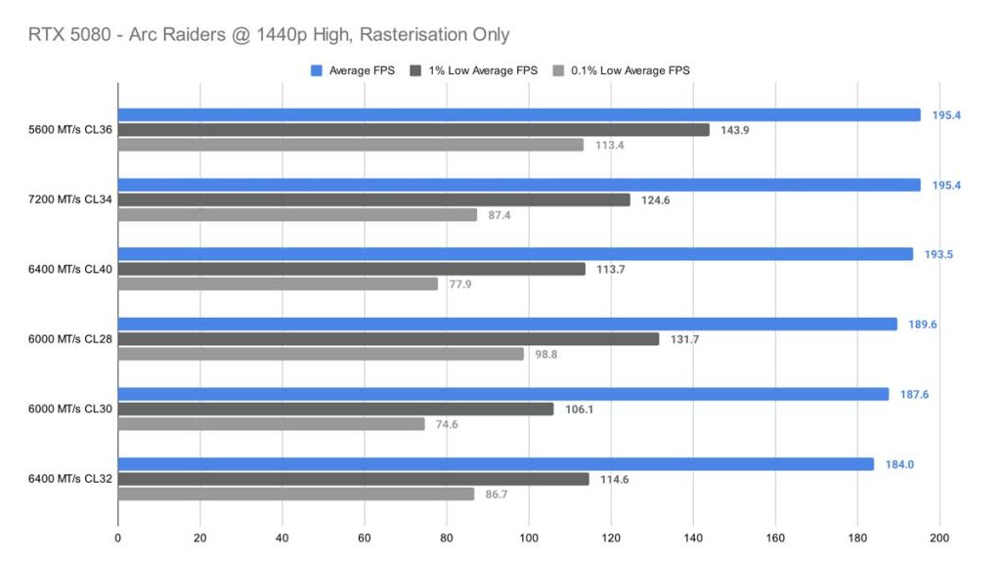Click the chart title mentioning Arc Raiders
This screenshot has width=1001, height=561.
pyautogui.click(x=268, y=35)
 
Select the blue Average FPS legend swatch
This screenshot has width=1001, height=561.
pyautogui.click(x=316, y=70)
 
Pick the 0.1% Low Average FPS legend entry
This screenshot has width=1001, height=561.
pyautogui.click(x=634, y=70)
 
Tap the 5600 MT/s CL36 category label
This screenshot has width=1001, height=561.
pyautogui.click(x=71, y=130)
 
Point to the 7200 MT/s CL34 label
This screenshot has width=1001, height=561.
pyautogui.click(x=71, y=199)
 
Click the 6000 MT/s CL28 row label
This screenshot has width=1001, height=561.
pyautogui.click(x=71, y=339)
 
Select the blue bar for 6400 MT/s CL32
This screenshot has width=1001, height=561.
pyautogui.click(x=496, y=464)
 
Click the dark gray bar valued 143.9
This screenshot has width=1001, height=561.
pyautogui.click(x=413, y=130)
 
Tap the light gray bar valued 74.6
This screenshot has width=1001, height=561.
pyautogui.click(x=272, y=424)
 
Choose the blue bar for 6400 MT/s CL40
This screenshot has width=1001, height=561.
pyautogui.click(x=515, y=254)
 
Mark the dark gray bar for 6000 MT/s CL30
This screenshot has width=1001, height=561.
pyautogui.click(x=335, y=410)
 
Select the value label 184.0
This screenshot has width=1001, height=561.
pyautogui.click(x=897, y=464)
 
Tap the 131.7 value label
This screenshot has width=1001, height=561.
pyautogui.click(x=682, y=339)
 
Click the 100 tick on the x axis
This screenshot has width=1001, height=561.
pyautogui.click(x=529, y=538)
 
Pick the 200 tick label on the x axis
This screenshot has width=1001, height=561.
pyautogui.click(x=939, y=538)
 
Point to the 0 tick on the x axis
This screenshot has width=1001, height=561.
pyautogui.click(x=118, y=538)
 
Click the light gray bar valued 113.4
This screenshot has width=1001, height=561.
pyautogui.click(x=351, y=145)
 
